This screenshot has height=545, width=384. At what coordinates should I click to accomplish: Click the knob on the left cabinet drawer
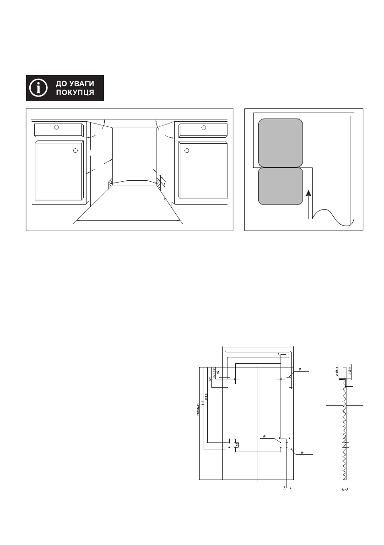pos(56,127)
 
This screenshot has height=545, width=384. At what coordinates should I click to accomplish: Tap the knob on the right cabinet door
pos(187,150)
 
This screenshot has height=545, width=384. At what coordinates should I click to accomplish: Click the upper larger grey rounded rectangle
pos(281,143)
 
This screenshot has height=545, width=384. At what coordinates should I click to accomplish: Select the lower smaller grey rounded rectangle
pos(281,186)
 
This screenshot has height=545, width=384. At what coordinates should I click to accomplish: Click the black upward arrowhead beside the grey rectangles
pos(310,194)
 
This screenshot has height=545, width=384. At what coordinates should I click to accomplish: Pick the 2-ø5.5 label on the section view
pos(337,371)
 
